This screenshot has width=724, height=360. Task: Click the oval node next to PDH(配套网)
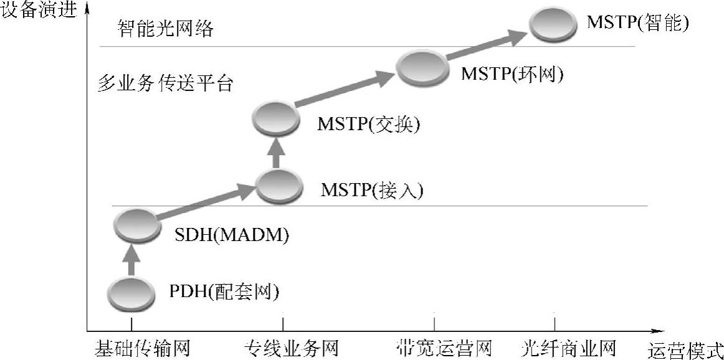point(131,294)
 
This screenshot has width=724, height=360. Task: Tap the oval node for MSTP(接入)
point(279,185)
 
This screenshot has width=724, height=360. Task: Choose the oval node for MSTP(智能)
point(553,24)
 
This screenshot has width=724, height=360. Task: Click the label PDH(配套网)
point(223,291)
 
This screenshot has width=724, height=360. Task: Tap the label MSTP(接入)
point(371,189)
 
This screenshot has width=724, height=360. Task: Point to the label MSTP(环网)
point(512,74)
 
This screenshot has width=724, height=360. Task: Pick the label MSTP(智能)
point(637,24)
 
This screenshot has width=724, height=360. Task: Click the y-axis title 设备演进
point(39,11)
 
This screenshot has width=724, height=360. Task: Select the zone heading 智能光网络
point(165,29)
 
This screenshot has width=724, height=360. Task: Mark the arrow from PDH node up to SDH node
point(131,260)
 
